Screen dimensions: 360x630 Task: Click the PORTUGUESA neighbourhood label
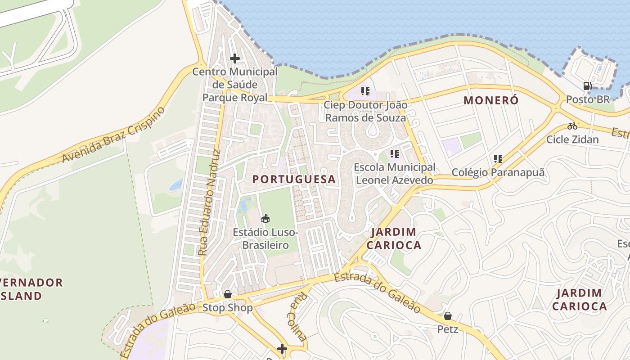click(294, 179)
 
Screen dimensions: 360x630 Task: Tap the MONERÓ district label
click(491, 100)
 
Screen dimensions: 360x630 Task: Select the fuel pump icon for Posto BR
click(587, 85)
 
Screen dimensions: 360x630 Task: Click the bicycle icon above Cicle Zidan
click(572, 126)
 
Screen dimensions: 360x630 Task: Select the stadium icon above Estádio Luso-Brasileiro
click(265, 219)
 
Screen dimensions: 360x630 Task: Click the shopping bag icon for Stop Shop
click(228, 294)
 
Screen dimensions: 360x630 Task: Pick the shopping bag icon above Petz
click(447, 316)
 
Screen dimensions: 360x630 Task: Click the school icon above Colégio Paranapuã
click(498, 158)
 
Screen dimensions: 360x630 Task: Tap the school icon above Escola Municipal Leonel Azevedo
click(395, 154)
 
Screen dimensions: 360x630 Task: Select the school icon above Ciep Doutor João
click(365, 91)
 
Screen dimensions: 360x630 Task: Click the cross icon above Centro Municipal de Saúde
click(234, 58)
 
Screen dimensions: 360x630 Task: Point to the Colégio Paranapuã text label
click(498, 172)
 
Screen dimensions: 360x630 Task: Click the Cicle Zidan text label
click(572, 139)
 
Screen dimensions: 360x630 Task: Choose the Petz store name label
click(447, 329)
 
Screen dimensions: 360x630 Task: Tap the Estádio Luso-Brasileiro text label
click(265, 238)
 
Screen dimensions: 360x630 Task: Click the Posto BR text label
click(587, 99)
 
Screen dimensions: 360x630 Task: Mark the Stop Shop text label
click(228, 308)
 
